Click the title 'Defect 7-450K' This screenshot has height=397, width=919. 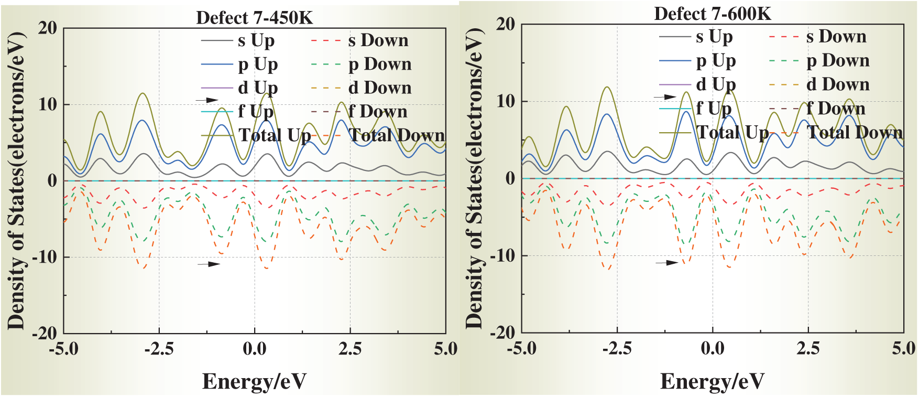[254, 18]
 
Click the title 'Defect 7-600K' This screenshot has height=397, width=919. [713, 14]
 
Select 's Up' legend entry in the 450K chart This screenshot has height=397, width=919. [256, 40]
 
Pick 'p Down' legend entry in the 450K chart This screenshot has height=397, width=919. [380, 64]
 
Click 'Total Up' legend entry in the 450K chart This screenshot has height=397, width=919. [275, 135]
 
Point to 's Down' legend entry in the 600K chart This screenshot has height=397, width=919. [836, 36]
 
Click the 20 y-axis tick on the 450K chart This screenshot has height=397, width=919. [48, 28]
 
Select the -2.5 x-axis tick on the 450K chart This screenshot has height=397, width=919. [159, 349]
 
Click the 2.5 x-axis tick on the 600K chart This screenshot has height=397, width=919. [808, 348]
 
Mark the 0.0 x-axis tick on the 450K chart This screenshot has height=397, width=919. [255, 349]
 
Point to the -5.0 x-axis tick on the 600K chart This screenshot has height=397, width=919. [522, 348]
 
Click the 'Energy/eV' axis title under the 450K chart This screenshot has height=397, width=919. [254, 381]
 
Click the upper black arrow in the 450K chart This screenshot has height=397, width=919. [207, 100]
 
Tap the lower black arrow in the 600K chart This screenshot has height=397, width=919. [667, 262]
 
